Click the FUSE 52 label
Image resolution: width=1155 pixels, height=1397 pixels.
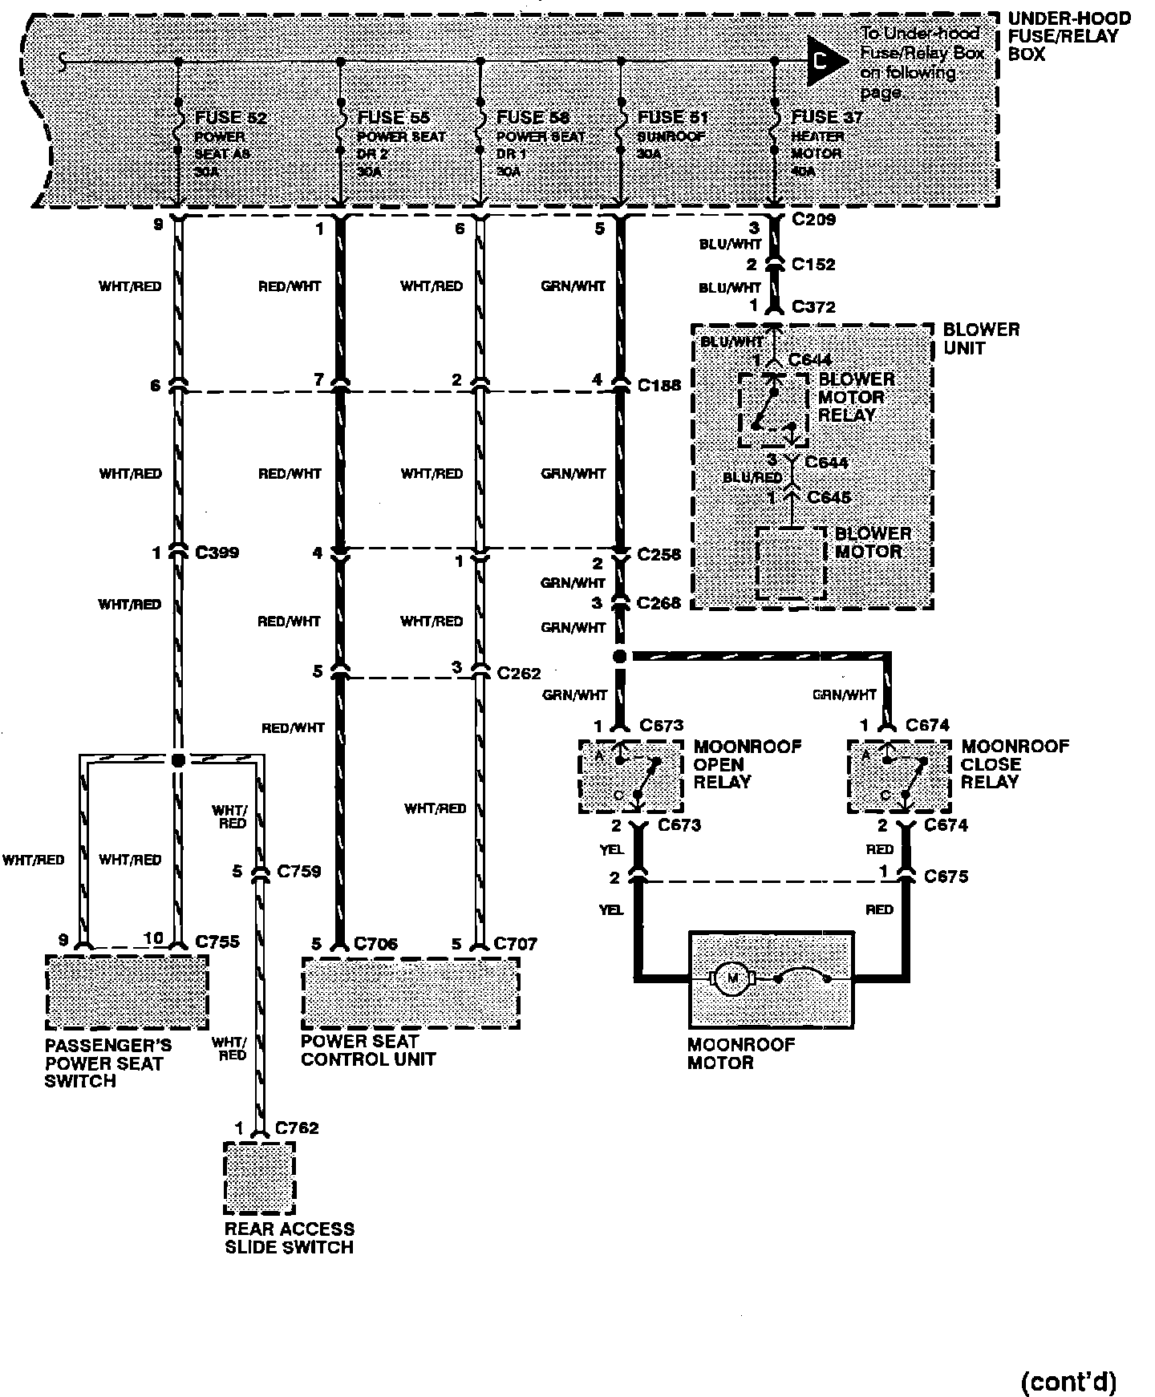point(231,118)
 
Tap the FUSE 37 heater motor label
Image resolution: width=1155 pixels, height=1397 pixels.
point(827,117)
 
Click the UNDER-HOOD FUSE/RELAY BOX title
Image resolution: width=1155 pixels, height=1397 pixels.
point(1068,37)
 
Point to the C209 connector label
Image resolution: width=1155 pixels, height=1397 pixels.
point(813,219)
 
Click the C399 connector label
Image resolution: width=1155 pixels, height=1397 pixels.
point(217,553)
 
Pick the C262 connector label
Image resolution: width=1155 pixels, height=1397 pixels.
point(519,673)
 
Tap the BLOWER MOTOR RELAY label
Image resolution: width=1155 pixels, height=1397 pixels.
point(855,397)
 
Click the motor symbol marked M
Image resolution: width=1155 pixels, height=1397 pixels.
point(731,978)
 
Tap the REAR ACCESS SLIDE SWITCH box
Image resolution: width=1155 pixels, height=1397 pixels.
point(259,1178)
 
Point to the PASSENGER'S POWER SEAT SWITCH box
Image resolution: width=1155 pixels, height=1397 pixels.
point(127,992)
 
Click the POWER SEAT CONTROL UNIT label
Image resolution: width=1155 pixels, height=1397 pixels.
point(368,1050)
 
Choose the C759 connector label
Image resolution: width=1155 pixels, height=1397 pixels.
point(298,871)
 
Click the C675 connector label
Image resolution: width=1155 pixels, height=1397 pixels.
point(946,877)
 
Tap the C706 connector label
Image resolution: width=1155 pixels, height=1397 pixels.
point(375,944)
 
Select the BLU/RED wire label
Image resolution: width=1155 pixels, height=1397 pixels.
point(752,478)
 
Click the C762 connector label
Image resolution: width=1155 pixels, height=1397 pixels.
point(297,1128)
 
